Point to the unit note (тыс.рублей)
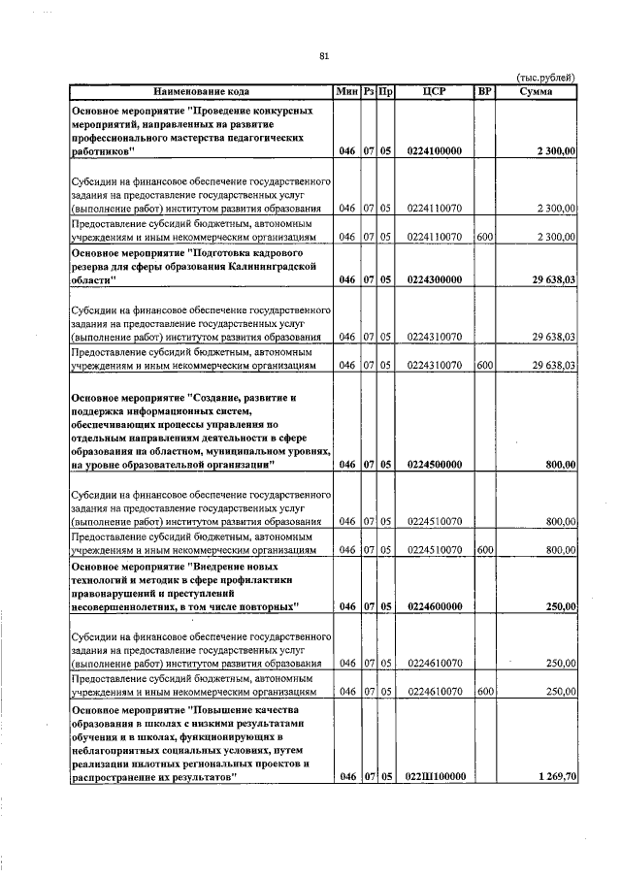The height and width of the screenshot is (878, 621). point(545,78)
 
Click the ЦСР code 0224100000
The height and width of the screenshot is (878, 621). point(435,152)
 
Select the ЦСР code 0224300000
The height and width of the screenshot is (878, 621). point(435,280)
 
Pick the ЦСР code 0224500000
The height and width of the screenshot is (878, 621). point(435,465)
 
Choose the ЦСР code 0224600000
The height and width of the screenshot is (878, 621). point(435,606)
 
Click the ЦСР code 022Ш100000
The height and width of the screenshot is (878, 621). point(435,777)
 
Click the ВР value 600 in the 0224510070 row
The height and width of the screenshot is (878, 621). point(485,550)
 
